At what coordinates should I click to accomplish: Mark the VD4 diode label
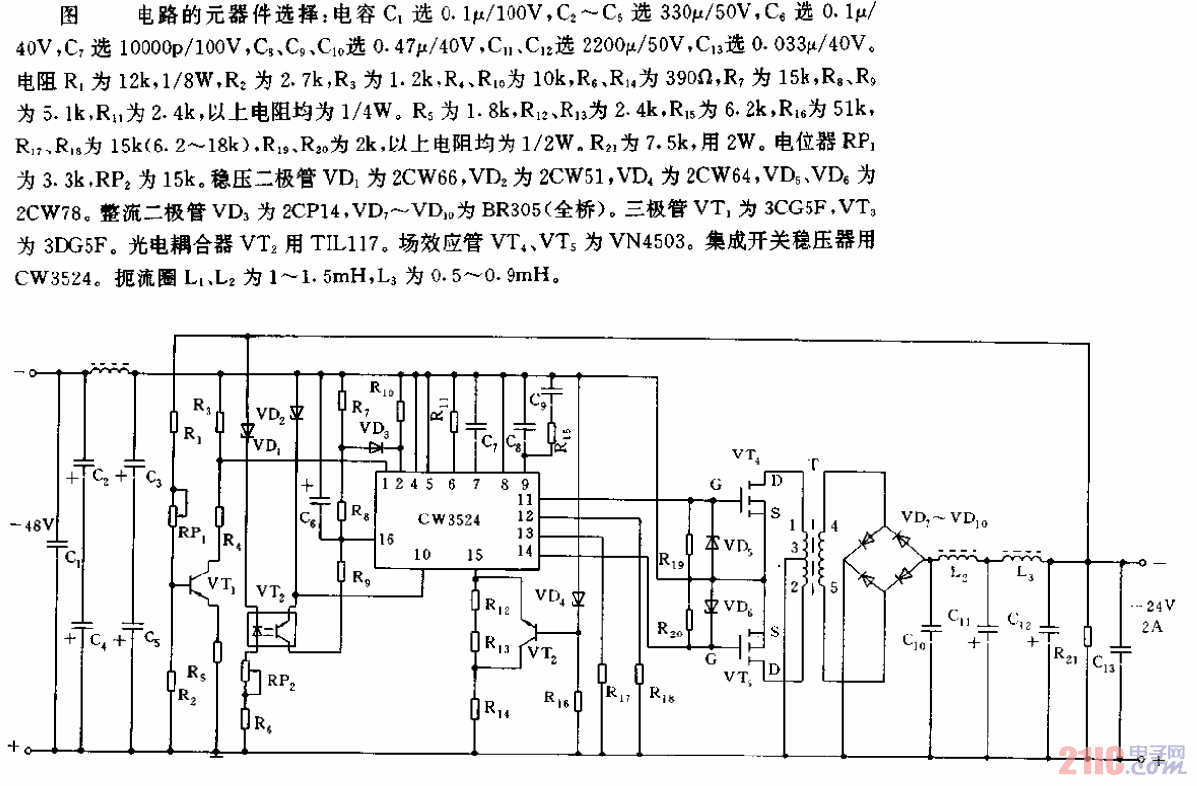[552, 597]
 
